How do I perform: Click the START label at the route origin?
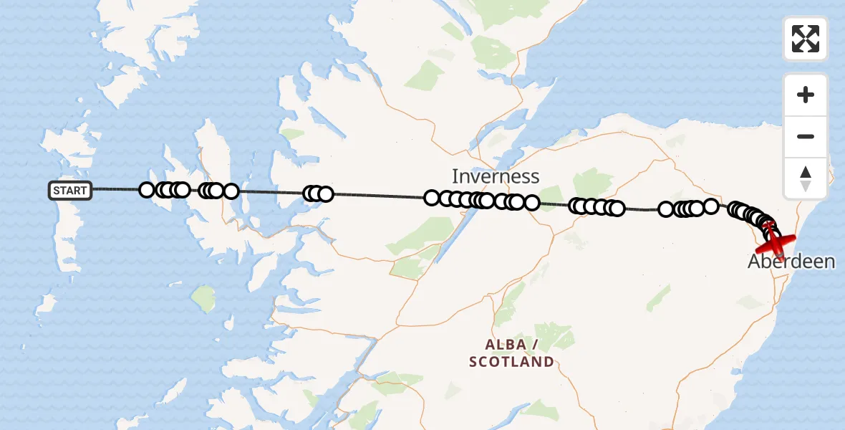(x=70, y=191)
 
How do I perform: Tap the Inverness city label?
(x=495, y=176)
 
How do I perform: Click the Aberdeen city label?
(x=791, y=262)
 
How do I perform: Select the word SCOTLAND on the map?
(x=511, y=362)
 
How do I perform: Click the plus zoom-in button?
(x=806, y=95)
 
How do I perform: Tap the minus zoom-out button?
(x=806, y=136)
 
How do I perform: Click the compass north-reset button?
(x=806, y=178)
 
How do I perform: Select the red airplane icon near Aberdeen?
(x=776, y=241)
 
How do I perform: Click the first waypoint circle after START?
(x=147, y=190)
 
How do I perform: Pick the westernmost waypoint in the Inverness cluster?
(x=431, y=197)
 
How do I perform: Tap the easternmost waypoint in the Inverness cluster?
(x=531, y=203)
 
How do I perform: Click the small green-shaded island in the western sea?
(x=204, y=299)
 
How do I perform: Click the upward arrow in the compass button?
(x=806, y=172)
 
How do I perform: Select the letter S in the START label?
(x=57, y=191)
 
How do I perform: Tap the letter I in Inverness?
(x=455, y=176)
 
